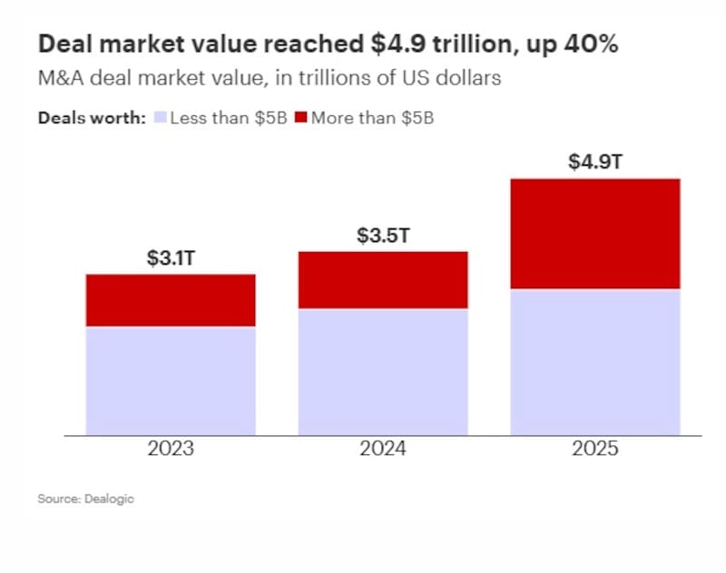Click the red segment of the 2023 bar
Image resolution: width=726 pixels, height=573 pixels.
171,300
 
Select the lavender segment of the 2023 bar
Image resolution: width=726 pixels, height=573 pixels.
171,381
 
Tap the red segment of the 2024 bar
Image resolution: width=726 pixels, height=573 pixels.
383,280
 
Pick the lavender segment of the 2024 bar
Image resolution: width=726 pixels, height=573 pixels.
383,372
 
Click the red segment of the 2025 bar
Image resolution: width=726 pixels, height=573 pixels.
595,234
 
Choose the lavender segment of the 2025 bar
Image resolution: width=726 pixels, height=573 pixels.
595,362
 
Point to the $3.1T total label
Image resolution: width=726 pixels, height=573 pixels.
171,257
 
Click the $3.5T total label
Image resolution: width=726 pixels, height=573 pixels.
383,236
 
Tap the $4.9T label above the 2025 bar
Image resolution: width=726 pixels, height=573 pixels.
595,162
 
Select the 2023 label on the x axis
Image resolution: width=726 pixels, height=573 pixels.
171,449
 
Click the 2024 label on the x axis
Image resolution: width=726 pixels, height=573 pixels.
383,449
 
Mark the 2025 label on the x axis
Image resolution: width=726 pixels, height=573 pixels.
595,449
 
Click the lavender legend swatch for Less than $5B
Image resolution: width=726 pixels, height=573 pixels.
160,118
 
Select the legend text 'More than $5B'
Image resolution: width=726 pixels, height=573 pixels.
372,118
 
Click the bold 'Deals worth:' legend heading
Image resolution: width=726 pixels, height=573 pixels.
92,118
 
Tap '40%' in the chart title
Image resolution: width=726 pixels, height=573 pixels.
590,44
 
